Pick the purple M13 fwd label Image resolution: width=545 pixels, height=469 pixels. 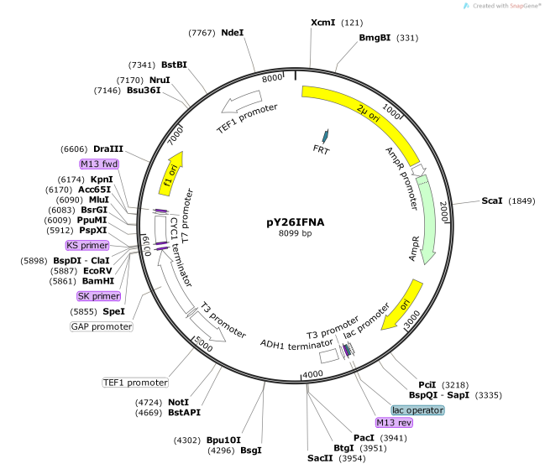click(x=99, y=164)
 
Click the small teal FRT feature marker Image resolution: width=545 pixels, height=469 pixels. click(x=326, y=136)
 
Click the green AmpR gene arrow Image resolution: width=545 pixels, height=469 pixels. click(x=432, y=227)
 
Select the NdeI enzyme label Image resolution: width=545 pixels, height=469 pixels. click(x=233, y=33)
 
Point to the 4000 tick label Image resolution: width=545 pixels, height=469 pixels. click(x=312, y=373)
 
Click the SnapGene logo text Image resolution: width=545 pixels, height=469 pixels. click(x=500, y=6)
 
